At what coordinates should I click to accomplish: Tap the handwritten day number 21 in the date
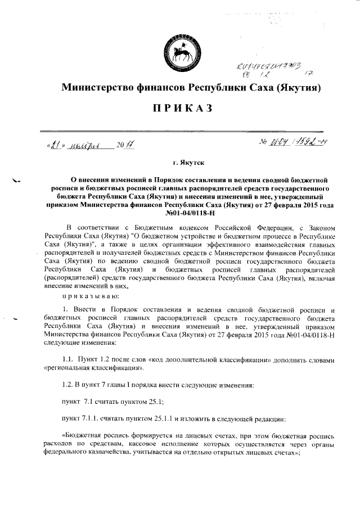pyautogui.click(x=54, y=145)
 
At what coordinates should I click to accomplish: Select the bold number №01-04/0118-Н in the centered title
pyautogui.click(x=179, y=213)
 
